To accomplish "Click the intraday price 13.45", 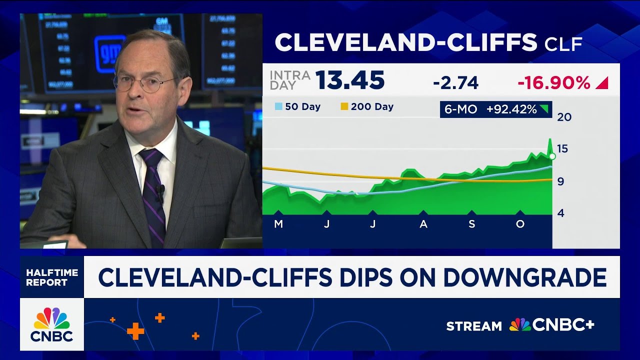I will (x=349, y=81).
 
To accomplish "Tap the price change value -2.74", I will (x=455, y=83).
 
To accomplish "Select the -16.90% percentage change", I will (x=553, y=83).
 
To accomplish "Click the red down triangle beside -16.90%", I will (x=602, y=83).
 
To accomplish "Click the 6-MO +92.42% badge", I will (x=495, y=109).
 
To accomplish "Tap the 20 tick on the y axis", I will (x=564, y=117).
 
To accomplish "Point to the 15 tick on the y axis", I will (x=563, y=148).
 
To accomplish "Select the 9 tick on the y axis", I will (x=560, y=181).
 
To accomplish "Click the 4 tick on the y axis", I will (x=560, y=213).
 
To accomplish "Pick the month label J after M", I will (x=326, y=224).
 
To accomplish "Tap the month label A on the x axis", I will (x=423, y=224).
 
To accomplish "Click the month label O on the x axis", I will (x=520, y=224).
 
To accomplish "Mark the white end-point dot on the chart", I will (x=552, y=156).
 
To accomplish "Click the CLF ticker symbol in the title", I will (x=563, y=44).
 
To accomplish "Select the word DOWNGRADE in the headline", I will (x=525, y=277).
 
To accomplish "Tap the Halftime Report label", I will (x=52, y=277).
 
